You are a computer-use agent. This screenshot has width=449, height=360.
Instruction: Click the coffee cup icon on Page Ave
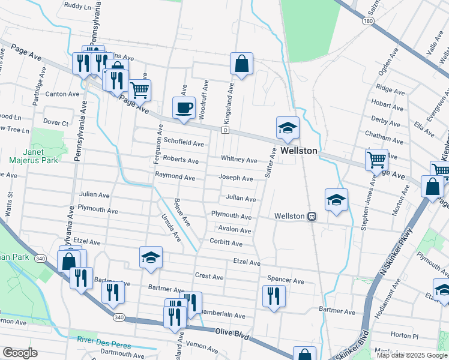point(184,108)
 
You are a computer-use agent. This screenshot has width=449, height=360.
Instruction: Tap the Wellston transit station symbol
point(312,216)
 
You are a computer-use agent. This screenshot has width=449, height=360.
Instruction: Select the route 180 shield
point(368,21)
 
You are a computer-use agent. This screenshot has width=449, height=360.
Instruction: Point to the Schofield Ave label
point(184,143)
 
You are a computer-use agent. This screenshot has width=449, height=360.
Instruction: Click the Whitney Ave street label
point(239,160)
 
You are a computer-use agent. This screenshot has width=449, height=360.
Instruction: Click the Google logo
point(20,353)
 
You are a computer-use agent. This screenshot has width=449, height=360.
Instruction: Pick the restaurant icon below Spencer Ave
point(274,296)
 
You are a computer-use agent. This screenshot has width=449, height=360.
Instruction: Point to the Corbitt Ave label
point(226,244)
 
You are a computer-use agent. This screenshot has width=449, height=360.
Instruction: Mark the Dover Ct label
point(57,122)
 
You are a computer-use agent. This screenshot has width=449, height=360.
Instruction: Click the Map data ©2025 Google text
point(411,355)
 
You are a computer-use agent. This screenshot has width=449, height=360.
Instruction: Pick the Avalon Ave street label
point(235,230)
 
